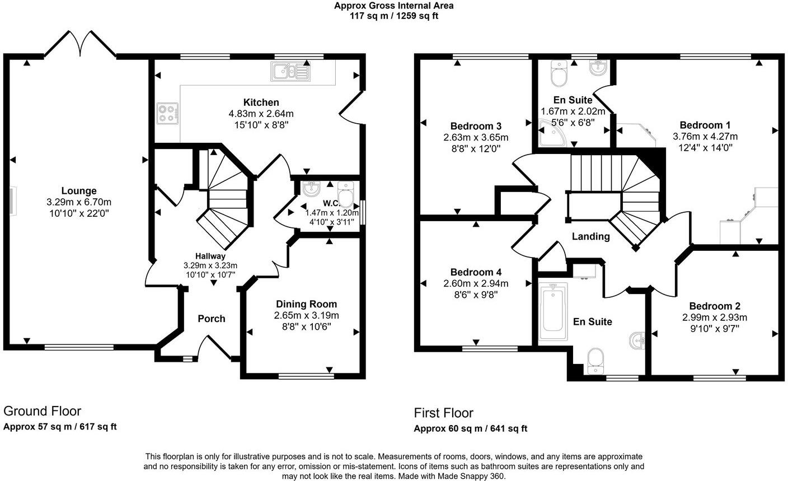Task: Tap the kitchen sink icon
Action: [290, 71]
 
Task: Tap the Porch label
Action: [212, 319]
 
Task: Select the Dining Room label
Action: [306, 304]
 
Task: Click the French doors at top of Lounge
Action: [81, 44]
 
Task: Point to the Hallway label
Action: [210, 256]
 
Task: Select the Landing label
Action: [590, 236]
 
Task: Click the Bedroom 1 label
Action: [705, 125]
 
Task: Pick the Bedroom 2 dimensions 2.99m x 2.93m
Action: [715, 317]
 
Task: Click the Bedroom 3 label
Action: [476, 125]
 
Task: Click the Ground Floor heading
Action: [43, 412]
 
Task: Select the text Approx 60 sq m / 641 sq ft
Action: [470, 429]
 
